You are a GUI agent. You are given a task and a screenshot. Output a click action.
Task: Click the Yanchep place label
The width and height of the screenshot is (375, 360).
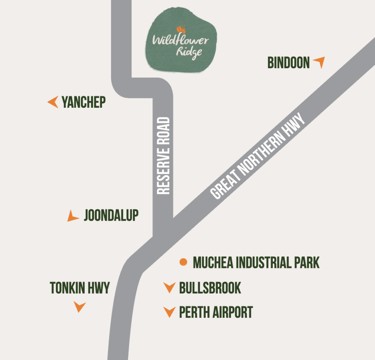tap(83, 102)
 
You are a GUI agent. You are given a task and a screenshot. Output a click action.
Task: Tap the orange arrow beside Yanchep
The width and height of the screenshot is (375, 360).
tap(53, 102)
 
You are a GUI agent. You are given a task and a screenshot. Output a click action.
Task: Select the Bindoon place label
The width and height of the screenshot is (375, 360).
tap(289, 63)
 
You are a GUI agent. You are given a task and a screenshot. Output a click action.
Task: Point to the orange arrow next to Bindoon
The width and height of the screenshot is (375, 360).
tap(319, 62)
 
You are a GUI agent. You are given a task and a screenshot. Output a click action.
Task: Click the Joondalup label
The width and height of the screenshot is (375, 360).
tap(111, 216)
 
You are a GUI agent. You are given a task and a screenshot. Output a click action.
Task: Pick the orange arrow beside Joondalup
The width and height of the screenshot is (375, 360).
tap(73, 217)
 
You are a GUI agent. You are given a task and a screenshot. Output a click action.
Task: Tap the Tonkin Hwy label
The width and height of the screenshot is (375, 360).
tap(80, 288)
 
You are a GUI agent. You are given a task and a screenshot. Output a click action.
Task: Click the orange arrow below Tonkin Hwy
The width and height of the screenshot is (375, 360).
tap(79, 306)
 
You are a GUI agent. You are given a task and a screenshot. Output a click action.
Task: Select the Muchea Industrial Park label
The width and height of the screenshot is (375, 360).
tap(256, 262)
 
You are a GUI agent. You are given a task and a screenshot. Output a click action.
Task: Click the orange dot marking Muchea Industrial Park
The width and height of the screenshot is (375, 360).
tap(183, 262)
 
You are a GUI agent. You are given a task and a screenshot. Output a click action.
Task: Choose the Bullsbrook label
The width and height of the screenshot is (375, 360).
tap(210, 288)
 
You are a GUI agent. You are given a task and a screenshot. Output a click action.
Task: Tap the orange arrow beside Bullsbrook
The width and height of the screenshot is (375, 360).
tap(169, 288)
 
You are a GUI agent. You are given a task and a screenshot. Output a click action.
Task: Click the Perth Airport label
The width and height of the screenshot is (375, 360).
tap(216, 312)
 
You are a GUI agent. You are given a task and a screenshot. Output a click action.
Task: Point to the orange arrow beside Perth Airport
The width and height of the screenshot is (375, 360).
tap(169, 312)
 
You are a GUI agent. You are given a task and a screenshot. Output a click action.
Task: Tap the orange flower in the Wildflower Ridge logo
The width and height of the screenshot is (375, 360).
tap(180, 29)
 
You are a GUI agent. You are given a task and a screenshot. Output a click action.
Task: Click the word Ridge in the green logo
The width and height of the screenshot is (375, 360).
tap(189, 52)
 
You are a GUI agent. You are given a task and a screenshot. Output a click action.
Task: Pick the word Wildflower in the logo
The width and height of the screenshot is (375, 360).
tap(180, 40)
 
